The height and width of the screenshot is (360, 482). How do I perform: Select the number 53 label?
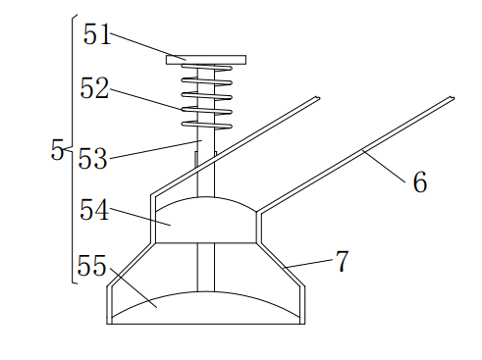pyautogui.click(x=92, y=159)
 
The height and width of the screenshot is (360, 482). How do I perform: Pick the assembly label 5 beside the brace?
pyautogui.click(x=56, y=150)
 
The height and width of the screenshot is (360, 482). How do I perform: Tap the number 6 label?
pyautogui.click(x=419, y=182)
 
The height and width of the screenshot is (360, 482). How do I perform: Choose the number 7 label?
pyautogui.click(x=342, y=262)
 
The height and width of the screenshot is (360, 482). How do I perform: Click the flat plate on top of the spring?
pyautogui.click(x=206, y=59)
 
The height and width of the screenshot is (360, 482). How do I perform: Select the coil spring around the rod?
pyautogui.click(x=206, y=96)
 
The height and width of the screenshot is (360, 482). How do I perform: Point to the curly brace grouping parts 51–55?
pyautogui.click(x=73, y=147)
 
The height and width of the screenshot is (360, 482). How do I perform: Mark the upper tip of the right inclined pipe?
pyautogui.click(x=453, y=97)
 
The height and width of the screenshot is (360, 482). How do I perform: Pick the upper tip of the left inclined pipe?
pyautogui.click(x=319, y=98)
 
